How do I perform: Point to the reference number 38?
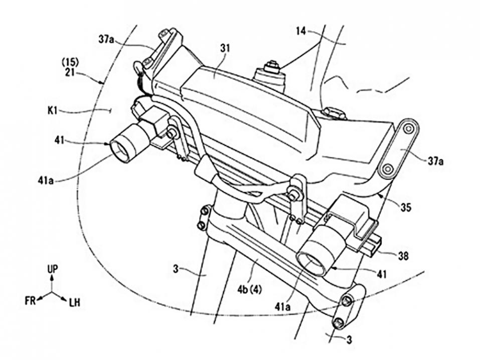click(403, 256)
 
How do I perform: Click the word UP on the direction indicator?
click(52, 270)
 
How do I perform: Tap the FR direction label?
click(30, 302)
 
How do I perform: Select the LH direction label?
click(74, 302)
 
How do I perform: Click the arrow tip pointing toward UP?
click(52, 279)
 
